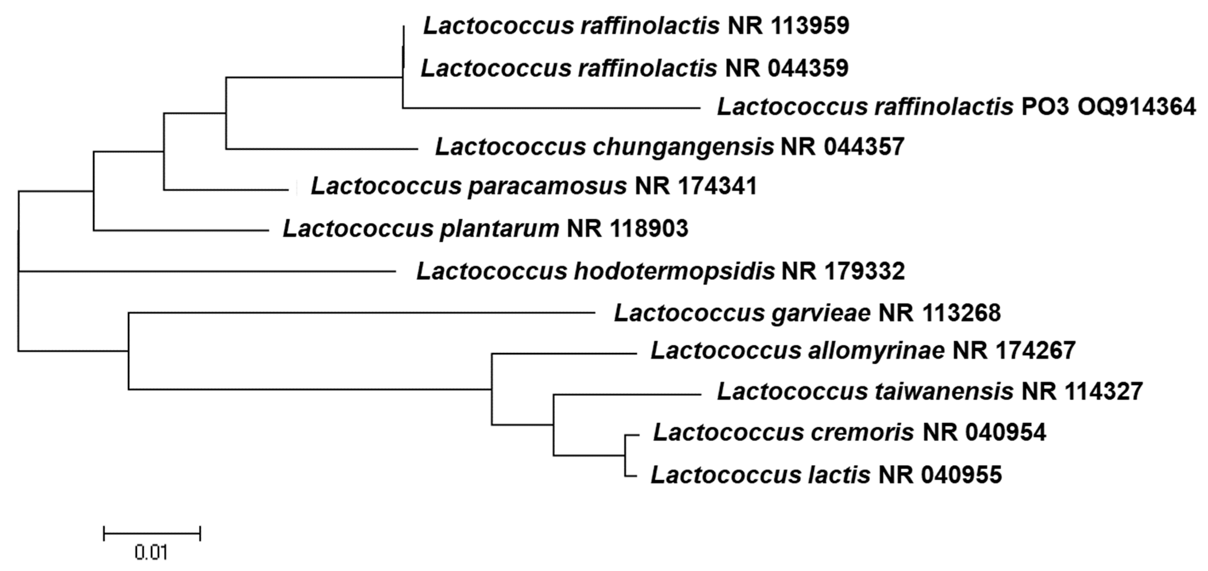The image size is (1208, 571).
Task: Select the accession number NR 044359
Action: [786, 68]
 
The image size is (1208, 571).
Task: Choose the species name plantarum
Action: [499, 229]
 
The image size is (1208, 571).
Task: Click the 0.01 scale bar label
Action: [151, 553]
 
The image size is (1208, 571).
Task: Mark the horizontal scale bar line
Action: [152, 533]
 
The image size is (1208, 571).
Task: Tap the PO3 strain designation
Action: [1045, 107]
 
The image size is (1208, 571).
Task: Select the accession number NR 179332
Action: [843, 271]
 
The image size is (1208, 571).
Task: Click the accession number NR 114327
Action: [1082, 391]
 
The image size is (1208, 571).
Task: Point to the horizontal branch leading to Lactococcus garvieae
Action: [361, 313]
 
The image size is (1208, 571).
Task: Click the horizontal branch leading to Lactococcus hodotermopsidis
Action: [206, 271]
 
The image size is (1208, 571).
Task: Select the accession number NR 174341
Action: [696, 186]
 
